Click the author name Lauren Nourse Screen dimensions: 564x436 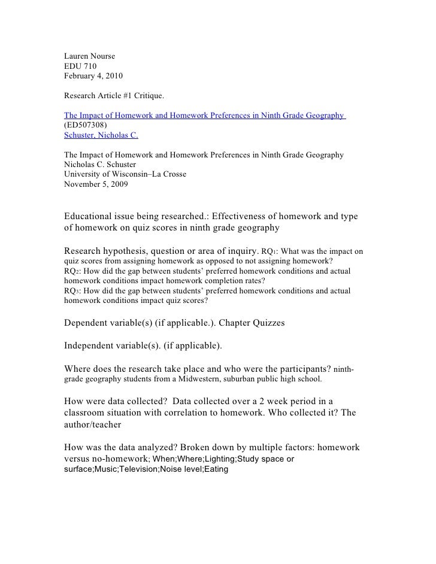89,57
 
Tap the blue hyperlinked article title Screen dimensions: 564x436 204,115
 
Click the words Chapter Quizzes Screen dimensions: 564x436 252,323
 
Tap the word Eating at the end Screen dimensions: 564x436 216,469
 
